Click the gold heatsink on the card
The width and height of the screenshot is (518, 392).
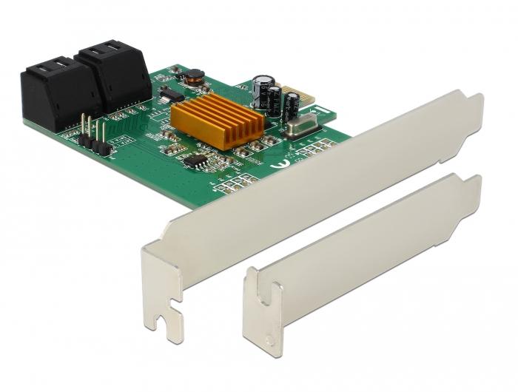pos(218,121)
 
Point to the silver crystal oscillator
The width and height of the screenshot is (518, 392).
pos(300,129)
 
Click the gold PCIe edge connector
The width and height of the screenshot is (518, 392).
pos(295,98)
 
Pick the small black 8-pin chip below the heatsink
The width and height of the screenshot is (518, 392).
pos(195,160)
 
